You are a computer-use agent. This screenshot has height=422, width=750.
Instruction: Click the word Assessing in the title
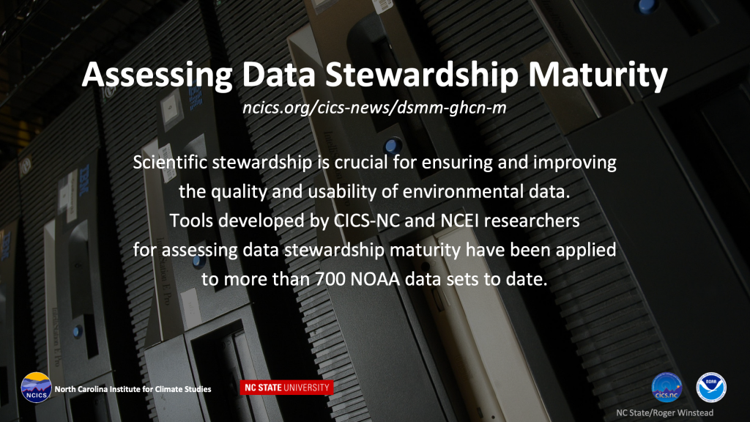point(157,75)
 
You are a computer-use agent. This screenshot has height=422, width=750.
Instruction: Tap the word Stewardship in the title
point(422,75)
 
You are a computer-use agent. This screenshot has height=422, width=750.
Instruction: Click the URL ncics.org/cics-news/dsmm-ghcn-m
point(374,108)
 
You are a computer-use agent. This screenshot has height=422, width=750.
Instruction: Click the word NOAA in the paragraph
point(375,279)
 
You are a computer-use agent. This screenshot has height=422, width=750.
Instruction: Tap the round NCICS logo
point(36,388)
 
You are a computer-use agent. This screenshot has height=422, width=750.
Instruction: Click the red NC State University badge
point(286,388)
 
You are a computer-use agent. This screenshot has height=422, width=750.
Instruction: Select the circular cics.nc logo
point(667,387)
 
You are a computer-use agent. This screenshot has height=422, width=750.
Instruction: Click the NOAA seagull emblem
point(711,387)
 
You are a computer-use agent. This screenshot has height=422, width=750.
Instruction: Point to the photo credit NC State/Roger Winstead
point(665,413)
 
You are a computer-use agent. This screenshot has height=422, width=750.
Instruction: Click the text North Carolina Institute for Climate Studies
point(133,389)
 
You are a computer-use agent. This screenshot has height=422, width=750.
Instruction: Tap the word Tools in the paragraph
point(190,221)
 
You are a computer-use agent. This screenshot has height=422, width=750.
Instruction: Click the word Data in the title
point(278,75)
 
